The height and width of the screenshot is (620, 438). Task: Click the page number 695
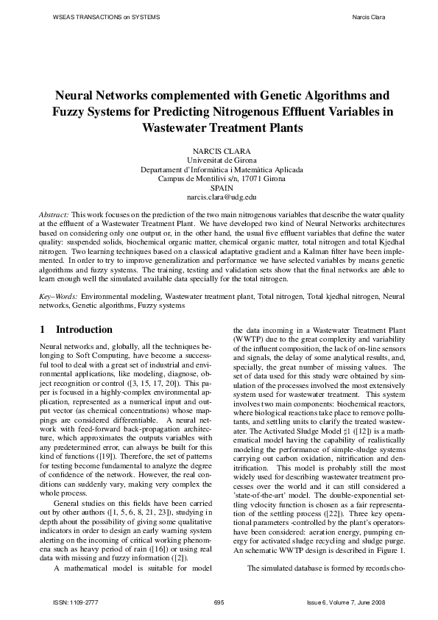click(219, 603)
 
